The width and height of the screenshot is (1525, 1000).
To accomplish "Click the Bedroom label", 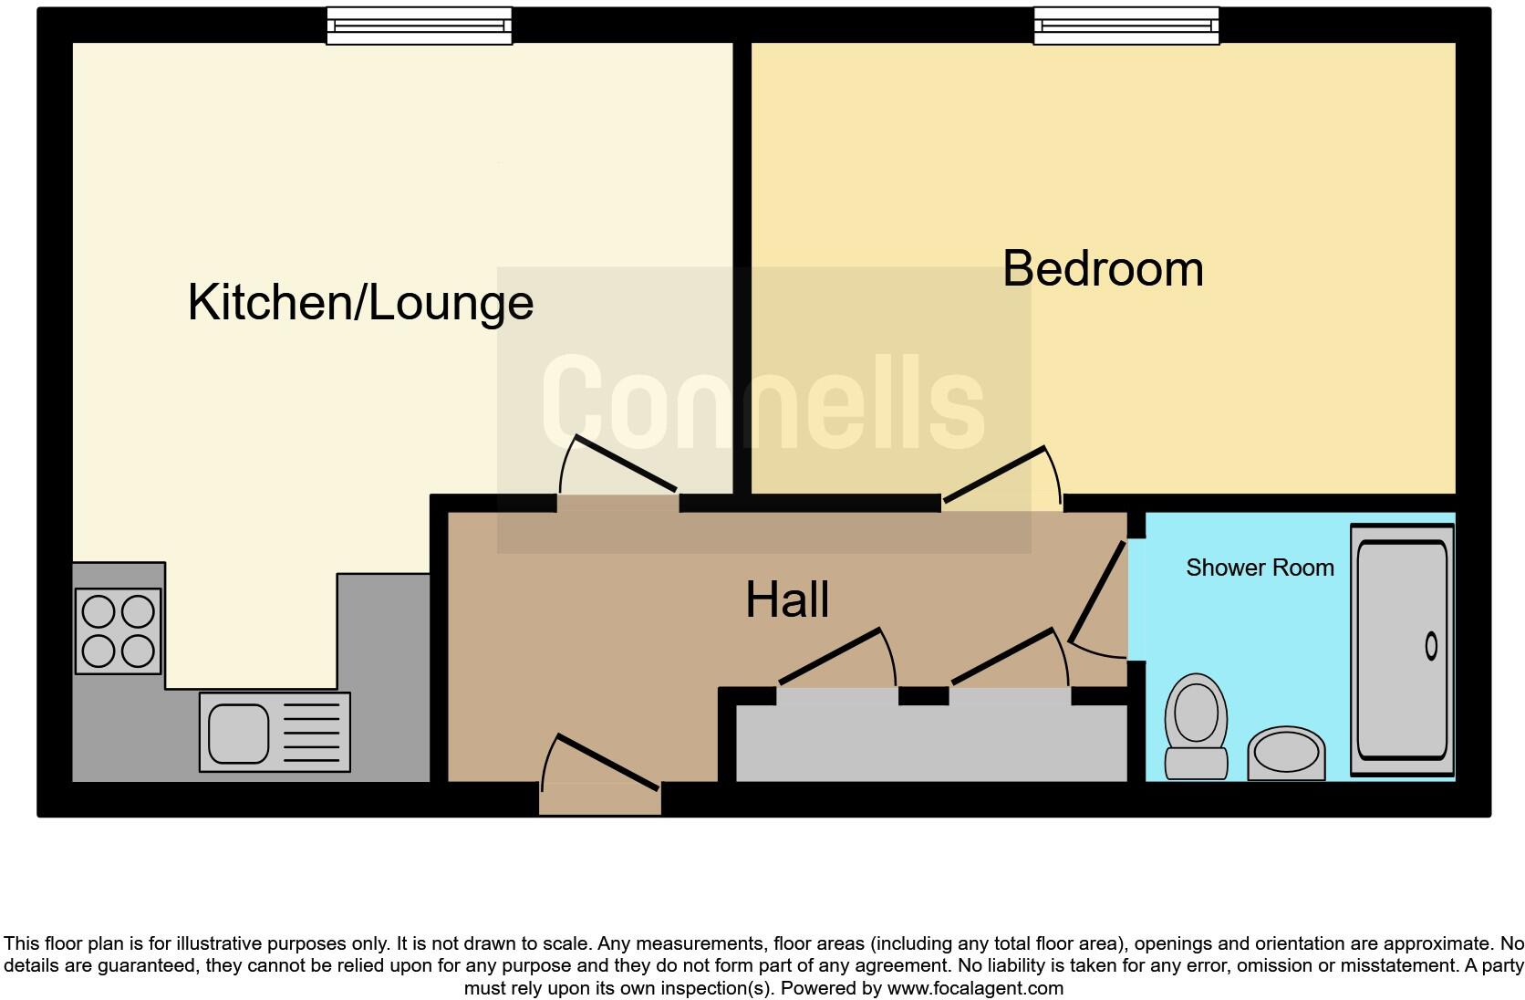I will pyautogui.click(x=1103, y=269).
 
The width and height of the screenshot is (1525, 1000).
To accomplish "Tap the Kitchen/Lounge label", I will pyautogui.click(x=360, y=302).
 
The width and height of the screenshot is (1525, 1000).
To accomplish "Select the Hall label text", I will pyautogui.click(x=787, y=600).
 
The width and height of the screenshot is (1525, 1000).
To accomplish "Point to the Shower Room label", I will pyautogui.click(x=1260, y=568).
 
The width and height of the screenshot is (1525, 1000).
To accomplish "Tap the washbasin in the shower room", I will pyautogui.click(x=1286, y=753).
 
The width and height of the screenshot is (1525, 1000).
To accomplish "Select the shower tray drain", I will pyautogui.click(x=1430, y=646).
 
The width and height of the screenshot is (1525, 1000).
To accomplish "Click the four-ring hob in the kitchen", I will pyautogui.click(x=118, y=631).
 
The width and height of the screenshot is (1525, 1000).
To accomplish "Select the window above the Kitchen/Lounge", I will pyautogui.click(x=419, y=26).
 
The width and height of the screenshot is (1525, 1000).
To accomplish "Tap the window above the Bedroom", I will pyautogui.click(x=1126, y=26).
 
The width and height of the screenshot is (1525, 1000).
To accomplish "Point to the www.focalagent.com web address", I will pyautogui.click(x=975, y=988).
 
